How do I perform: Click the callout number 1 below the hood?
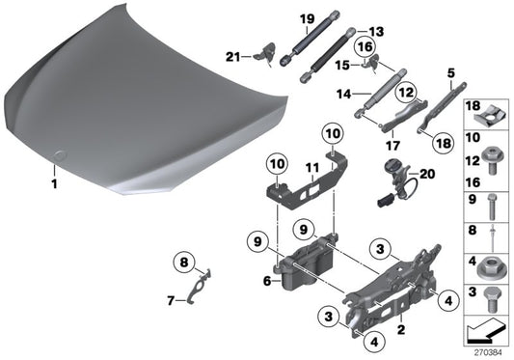coord(55,182)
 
